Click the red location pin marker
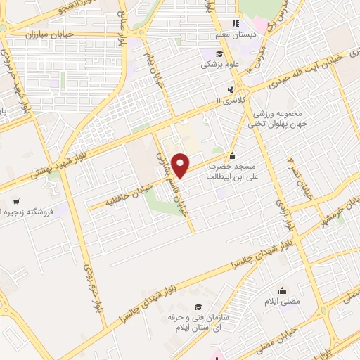[181, 165]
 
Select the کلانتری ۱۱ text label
[229, 101]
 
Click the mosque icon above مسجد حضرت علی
[233, 156]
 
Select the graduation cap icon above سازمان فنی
[199, 307]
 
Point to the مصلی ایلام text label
[282, 302]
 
